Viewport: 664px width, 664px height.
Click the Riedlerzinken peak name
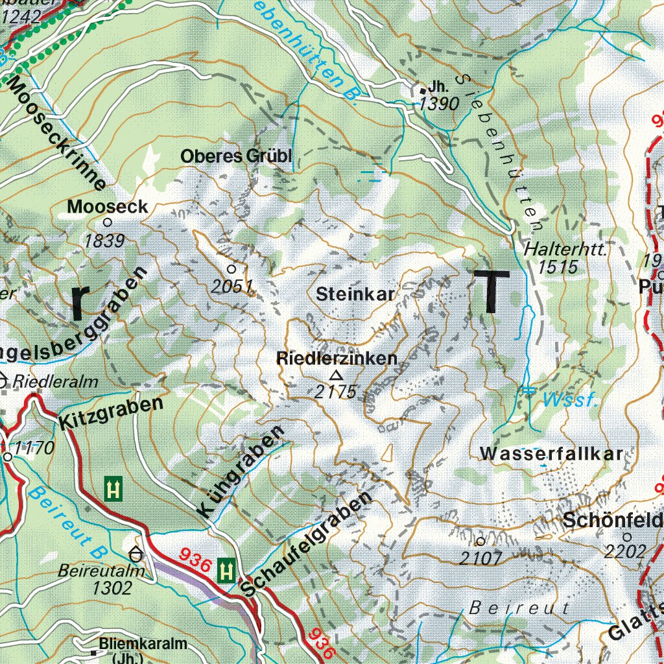(x=337, y=359)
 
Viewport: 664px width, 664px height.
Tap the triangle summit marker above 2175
(x=336, y=375)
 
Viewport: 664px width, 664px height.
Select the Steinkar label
(x=355, y=294)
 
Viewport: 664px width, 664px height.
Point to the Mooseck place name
(x=108, y=207)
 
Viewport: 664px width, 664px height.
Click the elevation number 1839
(x=104, y=241)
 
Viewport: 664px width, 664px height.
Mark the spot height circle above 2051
(x=231, y=268)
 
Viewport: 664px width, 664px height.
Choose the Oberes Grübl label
(x=237, y=156)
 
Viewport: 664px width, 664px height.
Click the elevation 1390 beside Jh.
(x=439, y=103)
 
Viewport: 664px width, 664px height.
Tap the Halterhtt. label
(x=565, y=249)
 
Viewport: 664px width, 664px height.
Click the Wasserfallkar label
(x=551, y=454)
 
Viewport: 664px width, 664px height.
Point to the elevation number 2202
(x=625, y=551)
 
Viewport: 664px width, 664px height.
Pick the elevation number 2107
(x=480, y=557)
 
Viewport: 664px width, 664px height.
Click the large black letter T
(x=491, y=291)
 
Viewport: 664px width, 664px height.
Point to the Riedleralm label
(x=54, y=381)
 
